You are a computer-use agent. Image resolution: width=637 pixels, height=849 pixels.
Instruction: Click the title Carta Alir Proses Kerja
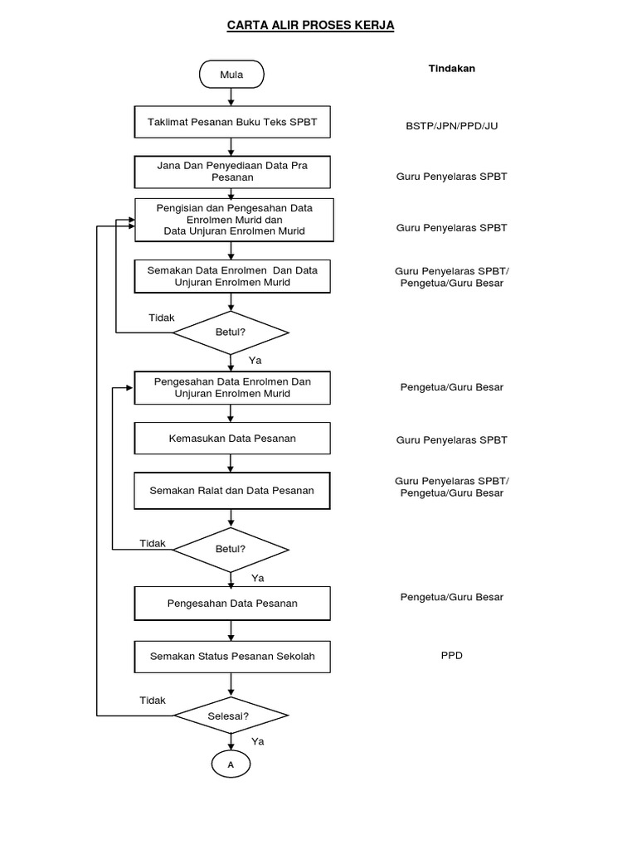coord(311,26)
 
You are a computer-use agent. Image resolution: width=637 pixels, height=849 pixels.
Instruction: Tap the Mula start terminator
coord(231,75)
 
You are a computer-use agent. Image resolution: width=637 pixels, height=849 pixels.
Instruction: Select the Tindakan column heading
coord(451,69)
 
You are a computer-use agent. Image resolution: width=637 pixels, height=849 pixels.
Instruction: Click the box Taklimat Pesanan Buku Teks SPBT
coord(232,122)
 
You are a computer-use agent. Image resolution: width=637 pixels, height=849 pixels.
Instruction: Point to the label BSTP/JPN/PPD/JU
coord(451,126)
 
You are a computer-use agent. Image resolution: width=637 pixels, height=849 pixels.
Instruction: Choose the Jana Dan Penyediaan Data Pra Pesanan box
coord(232,171)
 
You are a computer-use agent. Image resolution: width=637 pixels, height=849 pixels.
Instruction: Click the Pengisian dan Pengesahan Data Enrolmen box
coord(235,220)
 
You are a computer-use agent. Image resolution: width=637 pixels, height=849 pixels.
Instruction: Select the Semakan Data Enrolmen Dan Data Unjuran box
coord(232,276)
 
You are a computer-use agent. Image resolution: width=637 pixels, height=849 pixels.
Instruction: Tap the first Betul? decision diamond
coord(231,333)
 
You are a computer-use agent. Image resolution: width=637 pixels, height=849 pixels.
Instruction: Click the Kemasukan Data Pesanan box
coord(232,438)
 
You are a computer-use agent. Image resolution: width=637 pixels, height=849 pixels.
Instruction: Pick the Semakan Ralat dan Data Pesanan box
coord(232,490)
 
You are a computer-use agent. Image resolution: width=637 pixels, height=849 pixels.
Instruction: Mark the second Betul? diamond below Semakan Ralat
coord(231,549)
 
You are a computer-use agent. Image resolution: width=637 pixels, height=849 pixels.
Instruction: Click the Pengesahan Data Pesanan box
coord(232,603)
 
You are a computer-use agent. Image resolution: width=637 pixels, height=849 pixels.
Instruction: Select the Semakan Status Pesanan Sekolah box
coord(232,657)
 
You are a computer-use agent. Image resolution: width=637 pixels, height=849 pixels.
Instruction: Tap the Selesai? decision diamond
coord(231,715)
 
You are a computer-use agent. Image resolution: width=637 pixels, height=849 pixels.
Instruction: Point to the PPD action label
coord(452,655)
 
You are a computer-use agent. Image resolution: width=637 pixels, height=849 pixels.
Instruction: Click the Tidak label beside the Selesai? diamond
coord(153,701)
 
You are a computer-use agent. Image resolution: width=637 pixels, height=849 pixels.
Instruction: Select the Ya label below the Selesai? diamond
coord(258,741)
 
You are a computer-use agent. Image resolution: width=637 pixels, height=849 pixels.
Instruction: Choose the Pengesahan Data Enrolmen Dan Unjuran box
coord(232,387)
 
